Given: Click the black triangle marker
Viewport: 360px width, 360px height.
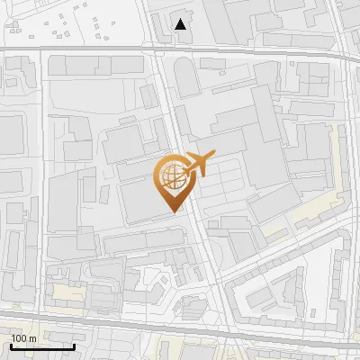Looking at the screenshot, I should [181, 24].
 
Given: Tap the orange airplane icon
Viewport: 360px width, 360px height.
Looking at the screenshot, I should [196, 166].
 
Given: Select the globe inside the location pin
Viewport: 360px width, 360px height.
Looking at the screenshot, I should [171, 175].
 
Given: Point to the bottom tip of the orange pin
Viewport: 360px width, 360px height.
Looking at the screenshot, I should [172, 212].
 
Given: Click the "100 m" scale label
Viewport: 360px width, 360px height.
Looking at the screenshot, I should [23, 338].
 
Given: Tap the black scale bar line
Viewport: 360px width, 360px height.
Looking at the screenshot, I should [41, 346].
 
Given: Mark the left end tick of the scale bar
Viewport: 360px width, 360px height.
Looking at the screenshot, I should [10, 345].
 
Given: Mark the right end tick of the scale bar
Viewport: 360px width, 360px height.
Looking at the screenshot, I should [74, 345].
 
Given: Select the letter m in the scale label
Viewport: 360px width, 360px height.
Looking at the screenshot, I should [32, 338].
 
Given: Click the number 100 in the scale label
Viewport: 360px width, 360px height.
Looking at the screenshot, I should [18, 338].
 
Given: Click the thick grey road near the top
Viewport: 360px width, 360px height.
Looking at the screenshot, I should [90, 48].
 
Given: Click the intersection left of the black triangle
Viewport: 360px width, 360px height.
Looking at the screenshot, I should [152, 49].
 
